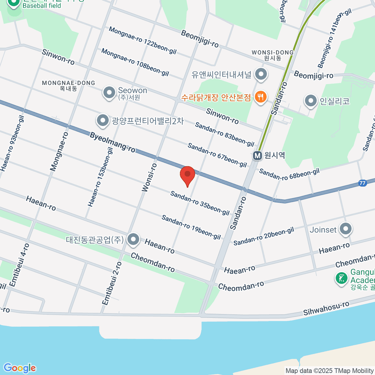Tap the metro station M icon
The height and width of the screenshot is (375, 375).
257,156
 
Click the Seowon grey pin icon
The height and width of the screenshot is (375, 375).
109,92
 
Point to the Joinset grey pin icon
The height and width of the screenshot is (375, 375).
346,229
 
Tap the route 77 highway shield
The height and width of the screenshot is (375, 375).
362,183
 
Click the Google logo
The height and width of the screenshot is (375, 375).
19,368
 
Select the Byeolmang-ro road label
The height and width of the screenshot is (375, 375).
112,142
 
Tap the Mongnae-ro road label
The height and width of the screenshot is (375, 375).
59,152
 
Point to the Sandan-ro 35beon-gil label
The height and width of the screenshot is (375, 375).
200,203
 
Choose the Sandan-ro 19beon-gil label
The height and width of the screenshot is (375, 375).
191,227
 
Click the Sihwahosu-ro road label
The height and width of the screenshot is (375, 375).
326,308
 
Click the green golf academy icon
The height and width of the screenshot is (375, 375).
341,278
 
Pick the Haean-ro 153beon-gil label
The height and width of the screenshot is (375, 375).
100,177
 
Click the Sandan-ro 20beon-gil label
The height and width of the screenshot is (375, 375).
264,236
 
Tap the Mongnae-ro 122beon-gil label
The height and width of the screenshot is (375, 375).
143,40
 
